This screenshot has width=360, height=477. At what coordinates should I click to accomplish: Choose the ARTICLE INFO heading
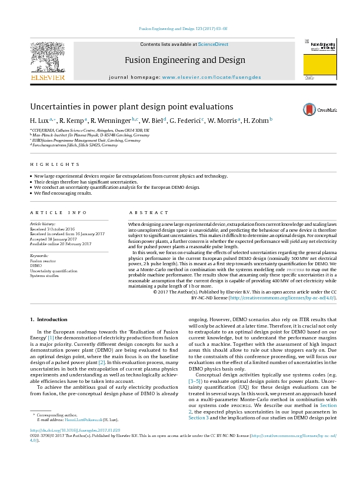[x=53, y=212]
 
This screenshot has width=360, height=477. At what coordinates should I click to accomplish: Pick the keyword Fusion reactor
[x=42, y=261]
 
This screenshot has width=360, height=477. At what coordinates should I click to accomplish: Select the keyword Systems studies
[x=45, y=275]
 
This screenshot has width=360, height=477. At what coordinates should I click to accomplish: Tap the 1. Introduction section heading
[x=48, y=319]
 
